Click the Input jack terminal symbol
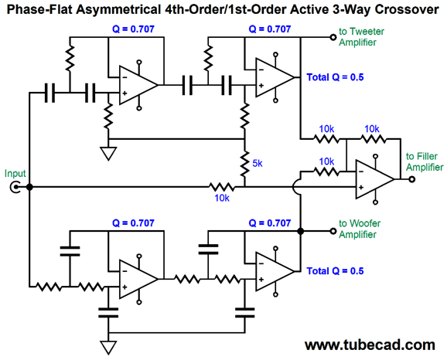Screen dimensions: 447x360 click(14, 188)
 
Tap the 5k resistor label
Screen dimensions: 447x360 click(257, 163)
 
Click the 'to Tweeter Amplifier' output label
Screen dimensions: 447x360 click(361, 37)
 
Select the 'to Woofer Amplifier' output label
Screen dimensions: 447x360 click(360, 229)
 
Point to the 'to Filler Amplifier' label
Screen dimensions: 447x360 click(425, 161)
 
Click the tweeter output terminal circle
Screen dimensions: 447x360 click(333, 37)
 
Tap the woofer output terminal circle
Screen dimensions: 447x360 click(333, 231)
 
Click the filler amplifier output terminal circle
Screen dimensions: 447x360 click(411, 179)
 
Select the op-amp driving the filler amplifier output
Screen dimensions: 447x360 click(375, 179)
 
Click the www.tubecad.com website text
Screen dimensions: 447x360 click(370, 345)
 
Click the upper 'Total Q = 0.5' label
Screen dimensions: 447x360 click(335, 77)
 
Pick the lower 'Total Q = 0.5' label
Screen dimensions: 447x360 click(335, 271)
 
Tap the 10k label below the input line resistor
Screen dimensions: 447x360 click(222, 198)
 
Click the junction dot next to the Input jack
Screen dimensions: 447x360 click(29, 187)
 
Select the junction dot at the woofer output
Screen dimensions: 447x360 click(301, 231)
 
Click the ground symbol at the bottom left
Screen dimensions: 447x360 click(108, 348)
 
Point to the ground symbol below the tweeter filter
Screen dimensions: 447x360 click(108, 154)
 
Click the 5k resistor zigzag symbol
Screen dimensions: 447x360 click(244, 164)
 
